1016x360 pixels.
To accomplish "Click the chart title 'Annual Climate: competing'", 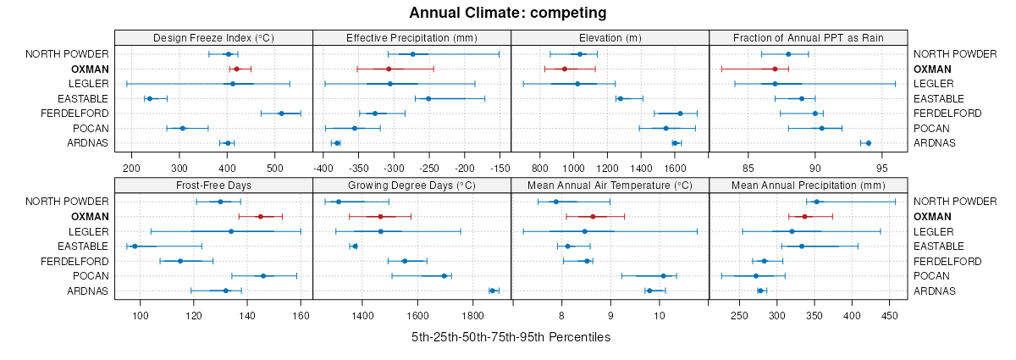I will tap(507, 13).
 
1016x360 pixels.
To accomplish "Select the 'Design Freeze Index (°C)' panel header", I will tap(213, 37).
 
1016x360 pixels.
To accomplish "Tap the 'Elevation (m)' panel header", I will tap(610, 37).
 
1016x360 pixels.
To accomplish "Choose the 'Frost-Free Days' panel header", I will tap(213, 185).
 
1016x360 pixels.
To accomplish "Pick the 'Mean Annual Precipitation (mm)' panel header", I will tap(808, 185).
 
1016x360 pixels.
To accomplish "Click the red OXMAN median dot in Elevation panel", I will tap(565, 69).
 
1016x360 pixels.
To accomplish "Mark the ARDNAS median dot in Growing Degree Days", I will tap(492, 291).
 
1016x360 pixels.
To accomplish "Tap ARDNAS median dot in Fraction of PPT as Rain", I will tap(869, 143).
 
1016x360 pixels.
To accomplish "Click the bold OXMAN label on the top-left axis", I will tap(90, 69).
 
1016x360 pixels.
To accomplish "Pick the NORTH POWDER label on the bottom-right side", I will tap(949, 202).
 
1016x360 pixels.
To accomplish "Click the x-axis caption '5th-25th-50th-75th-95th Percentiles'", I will tap(511, 337).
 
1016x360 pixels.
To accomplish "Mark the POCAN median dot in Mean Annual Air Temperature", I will tap(664, 276).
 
